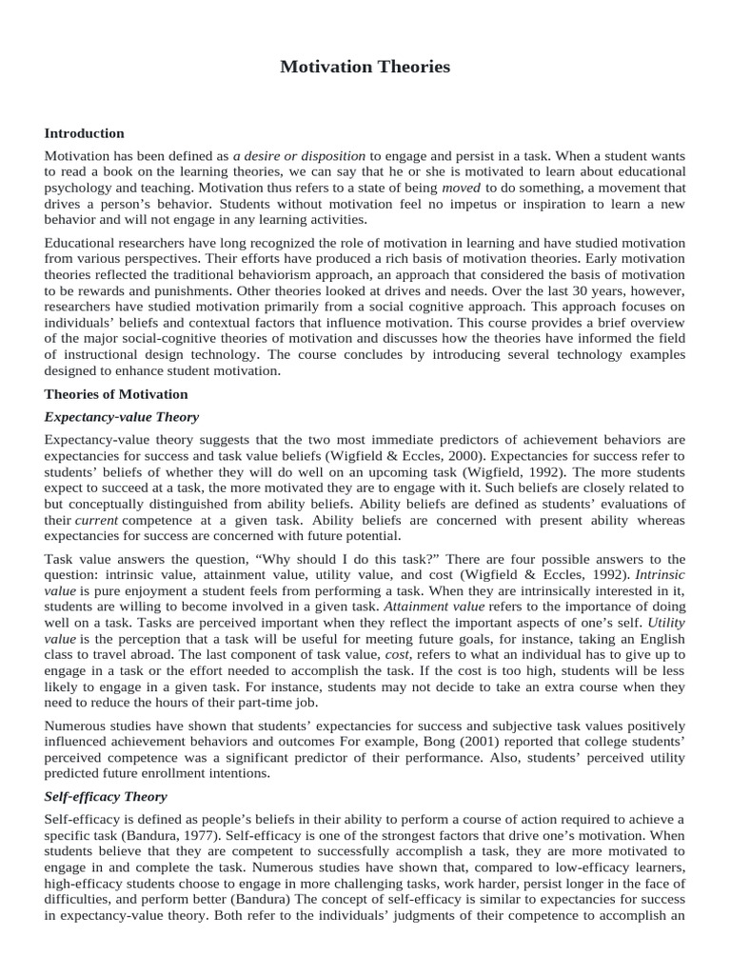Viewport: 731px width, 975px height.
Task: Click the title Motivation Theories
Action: [x=365, y=67]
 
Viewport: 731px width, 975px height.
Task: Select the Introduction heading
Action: [x=85, y=133]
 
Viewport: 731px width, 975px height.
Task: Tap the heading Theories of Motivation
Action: [x=116, y=393]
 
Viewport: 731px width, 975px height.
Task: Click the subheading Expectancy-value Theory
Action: [x=122, y=417]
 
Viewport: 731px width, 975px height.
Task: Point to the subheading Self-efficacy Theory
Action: [x=106, y=796]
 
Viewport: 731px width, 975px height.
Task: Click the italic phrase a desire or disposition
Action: [x=299, y=155]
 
